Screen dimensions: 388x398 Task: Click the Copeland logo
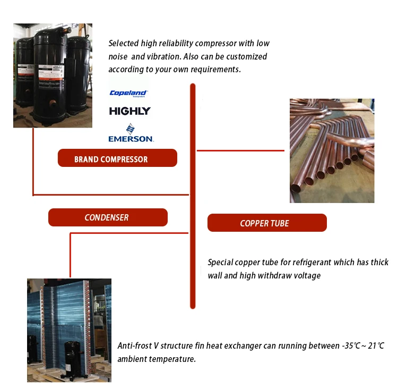coord(128,93)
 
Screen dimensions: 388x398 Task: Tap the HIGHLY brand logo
coord(129,111)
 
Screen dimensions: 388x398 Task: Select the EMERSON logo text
coord(131,138)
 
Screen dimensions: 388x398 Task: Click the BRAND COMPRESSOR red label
coord(117,158)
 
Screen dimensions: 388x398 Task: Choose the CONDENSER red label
coord(108,217)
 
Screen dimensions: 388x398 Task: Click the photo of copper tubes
coord(332,150)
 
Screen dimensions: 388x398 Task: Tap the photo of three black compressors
coord(53,75)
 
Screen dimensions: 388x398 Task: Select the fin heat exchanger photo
coord(69,330)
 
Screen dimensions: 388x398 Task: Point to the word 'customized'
coord(248,56)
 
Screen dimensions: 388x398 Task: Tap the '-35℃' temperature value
coord(352,346)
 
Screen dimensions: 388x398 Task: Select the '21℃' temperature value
coord(376,346)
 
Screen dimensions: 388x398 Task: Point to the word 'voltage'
coord(305,276)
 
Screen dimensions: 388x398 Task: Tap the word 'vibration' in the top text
coord(160,56)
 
